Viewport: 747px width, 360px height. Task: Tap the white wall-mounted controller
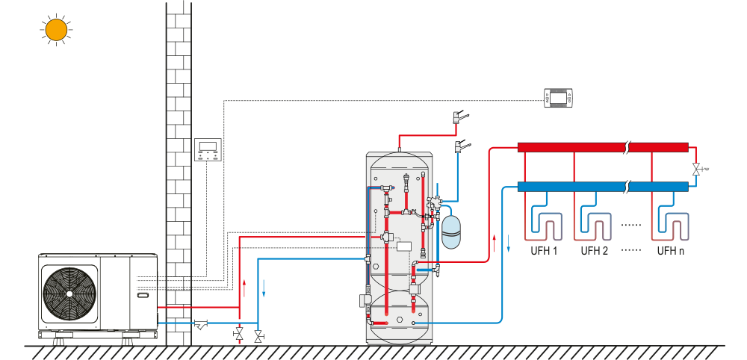[x=208, y=150]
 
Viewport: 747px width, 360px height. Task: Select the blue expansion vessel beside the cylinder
[x=450, y=232]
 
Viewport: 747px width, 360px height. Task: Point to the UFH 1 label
[x=544, y=251]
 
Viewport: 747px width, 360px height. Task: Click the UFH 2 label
[x=595, y=251]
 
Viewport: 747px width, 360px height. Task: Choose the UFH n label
[x=670, y=251]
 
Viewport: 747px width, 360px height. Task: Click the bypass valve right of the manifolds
[x=696, y=170]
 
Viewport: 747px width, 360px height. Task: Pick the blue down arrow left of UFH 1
[x=510, y=243]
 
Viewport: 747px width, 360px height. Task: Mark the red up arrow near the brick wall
[x=246, y=286]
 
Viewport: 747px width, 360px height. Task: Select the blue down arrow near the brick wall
[x=264, y=286]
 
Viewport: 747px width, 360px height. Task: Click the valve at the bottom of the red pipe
[x=239, y=333]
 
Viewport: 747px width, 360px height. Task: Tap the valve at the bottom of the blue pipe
[x=258, y=337]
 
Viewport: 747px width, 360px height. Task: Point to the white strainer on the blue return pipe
[x=201, y=324]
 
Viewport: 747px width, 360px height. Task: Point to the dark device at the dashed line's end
[x=559, y=97]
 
